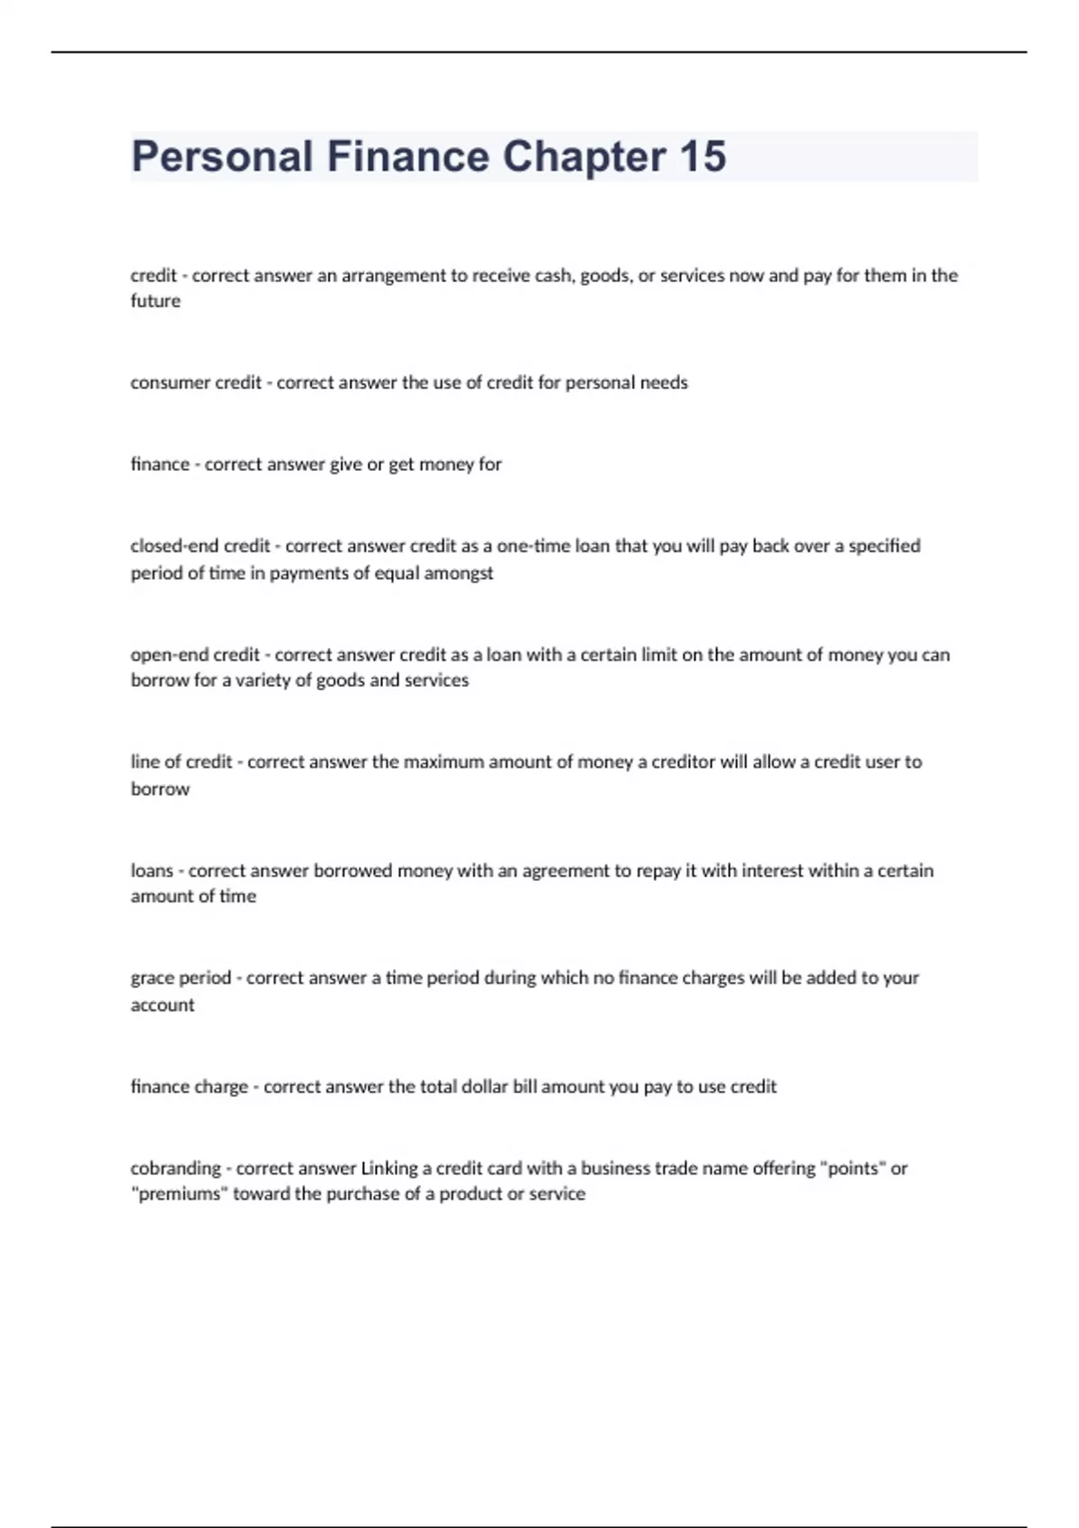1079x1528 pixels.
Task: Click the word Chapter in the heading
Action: pos(584,156)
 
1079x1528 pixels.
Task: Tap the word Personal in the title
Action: pos(221,156)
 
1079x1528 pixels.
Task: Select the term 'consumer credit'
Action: pos(195,383)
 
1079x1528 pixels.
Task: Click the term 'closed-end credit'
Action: pos(200,546)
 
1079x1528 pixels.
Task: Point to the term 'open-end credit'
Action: pos(194,655)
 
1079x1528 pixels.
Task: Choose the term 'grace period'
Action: pos(180,978)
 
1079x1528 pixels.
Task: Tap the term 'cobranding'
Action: pos(175,1168)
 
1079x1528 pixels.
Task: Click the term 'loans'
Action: pos(151,871)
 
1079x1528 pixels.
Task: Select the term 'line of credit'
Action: pos(181,762)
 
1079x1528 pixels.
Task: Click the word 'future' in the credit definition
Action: pos(156,301)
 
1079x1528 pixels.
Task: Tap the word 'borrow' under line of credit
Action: pos(160,789)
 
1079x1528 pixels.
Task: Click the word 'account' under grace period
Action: pos(162,1005)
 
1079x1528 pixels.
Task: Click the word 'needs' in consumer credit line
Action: pos(664,383)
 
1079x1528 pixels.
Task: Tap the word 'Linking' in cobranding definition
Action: pos(389,1168)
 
